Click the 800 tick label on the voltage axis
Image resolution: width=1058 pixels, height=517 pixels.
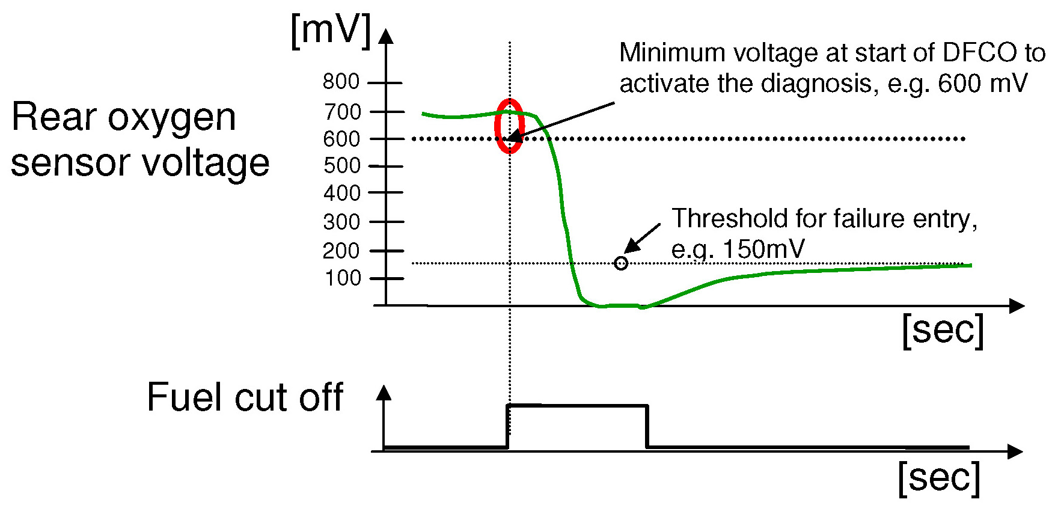tap(341, 81)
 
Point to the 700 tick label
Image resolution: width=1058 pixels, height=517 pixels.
tap(342, 111)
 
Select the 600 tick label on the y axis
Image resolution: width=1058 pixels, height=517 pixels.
tap(341, 139)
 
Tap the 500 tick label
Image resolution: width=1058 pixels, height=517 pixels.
tap(341, 165)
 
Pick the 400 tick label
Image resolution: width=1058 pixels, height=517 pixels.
tap(341, 193)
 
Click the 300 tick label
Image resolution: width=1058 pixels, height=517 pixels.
tap(341, 222)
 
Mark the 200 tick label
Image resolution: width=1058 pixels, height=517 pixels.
tap(341, 250)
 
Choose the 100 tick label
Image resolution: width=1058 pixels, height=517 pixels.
tap(343, 278)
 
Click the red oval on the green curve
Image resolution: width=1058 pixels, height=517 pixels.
tap(509, 126)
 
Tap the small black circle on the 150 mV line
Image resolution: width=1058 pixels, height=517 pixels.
tap(621, 263)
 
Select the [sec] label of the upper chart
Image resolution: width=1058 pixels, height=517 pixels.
tap(943, 330)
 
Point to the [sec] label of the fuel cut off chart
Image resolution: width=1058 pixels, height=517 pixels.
tap(939, 478)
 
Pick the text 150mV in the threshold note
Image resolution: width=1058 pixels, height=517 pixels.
tap(763, 249)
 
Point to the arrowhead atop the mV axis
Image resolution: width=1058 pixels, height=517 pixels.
tap(386, 36)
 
